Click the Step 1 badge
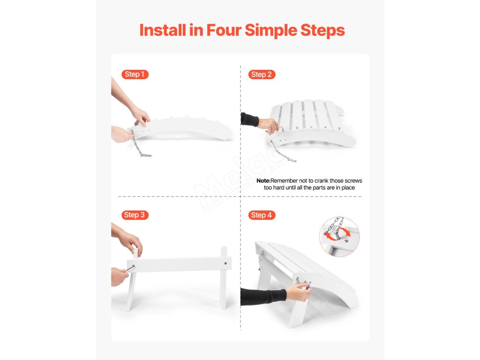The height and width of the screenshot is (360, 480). pyautogui.click(x=135, y=75)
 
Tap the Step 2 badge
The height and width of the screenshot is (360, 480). pyautogui.click(x=262, y=75)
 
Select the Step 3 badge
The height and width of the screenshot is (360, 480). pyautogui.click(x=135, y=215)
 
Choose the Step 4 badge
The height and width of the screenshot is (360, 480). pyautogui.click(x=262, y=215)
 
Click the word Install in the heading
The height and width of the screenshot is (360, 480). pyautogui.click(x=163, y=30)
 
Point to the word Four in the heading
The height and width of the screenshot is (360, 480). pyautogui.click(x=224, y=30)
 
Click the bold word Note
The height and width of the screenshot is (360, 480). pyautogui.click(x=263, y=180)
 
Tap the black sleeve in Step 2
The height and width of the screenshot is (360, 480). pyautogui.click(x=249, y=120)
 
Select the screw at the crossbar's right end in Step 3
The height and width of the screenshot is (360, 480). pyautogui.click(x=225, y=263)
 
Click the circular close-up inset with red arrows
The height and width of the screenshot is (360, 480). pyautogui.click(x=339, y=236)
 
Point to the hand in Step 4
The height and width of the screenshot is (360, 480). pyautogui.click(x=299, y=292)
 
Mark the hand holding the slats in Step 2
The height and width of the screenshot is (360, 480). pyautogui.click(x=268, y=125)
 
